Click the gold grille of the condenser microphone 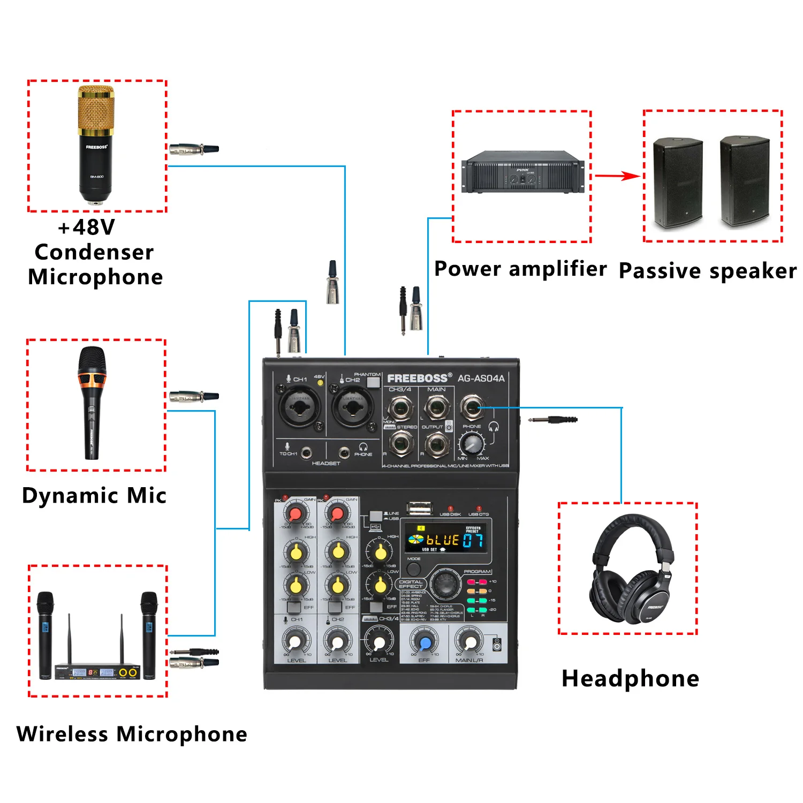96,110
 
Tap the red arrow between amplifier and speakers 617,176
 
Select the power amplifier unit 522,172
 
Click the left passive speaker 677,182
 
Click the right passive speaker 744,182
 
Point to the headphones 632,570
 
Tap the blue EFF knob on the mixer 425,642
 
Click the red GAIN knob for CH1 296,514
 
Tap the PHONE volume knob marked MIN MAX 472,443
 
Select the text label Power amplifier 520,269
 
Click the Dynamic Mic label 94,495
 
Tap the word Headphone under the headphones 630,679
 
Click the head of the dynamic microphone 92,361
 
